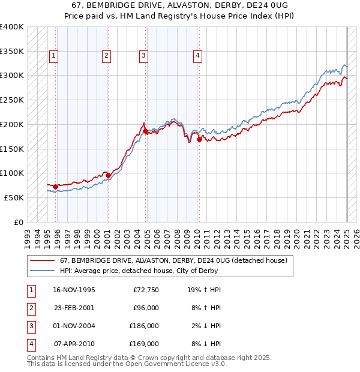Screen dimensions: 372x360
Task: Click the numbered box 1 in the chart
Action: coord(53,56)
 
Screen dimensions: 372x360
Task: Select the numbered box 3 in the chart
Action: coord(144,56)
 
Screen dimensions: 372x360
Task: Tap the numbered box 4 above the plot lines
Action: coord(197,56)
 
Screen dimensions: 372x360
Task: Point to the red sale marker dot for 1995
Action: coord(55,187)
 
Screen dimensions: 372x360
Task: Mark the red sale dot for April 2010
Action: coord(199,139)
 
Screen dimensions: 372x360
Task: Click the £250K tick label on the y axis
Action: coord(12,100)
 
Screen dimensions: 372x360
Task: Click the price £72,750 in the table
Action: coord(145,290)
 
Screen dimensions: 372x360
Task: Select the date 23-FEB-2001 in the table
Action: coord(74,308)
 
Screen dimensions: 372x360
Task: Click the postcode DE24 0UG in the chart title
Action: coord(267,6)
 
